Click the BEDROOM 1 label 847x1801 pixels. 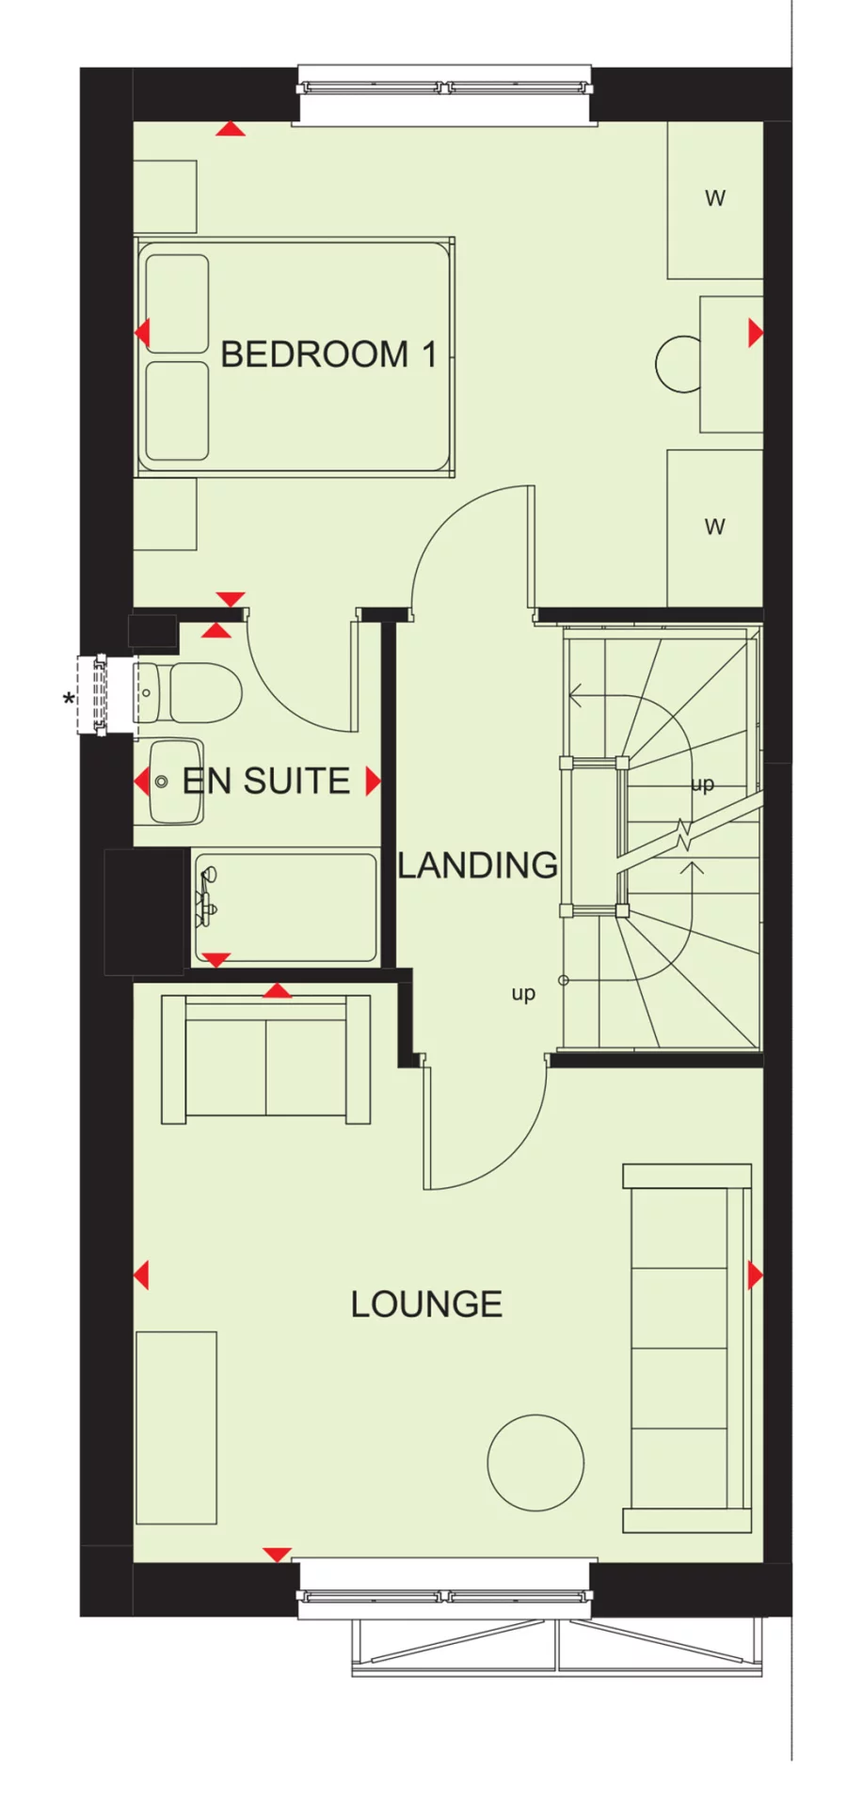328,355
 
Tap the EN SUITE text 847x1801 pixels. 266,781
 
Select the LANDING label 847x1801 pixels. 477,865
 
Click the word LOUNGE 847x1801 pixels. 426,1304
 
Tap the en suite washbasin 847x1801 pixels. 175,781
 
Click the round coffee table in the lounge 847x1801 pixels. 535,1462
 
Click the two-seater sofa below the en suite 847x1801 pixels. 266,1058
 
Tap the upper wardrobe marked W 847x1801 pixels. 714,198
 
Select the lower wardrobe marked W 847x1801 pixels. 714,527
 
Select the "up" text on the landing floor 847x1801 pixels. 523,993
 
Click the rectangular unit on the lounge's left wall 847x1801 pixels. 176,1427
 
